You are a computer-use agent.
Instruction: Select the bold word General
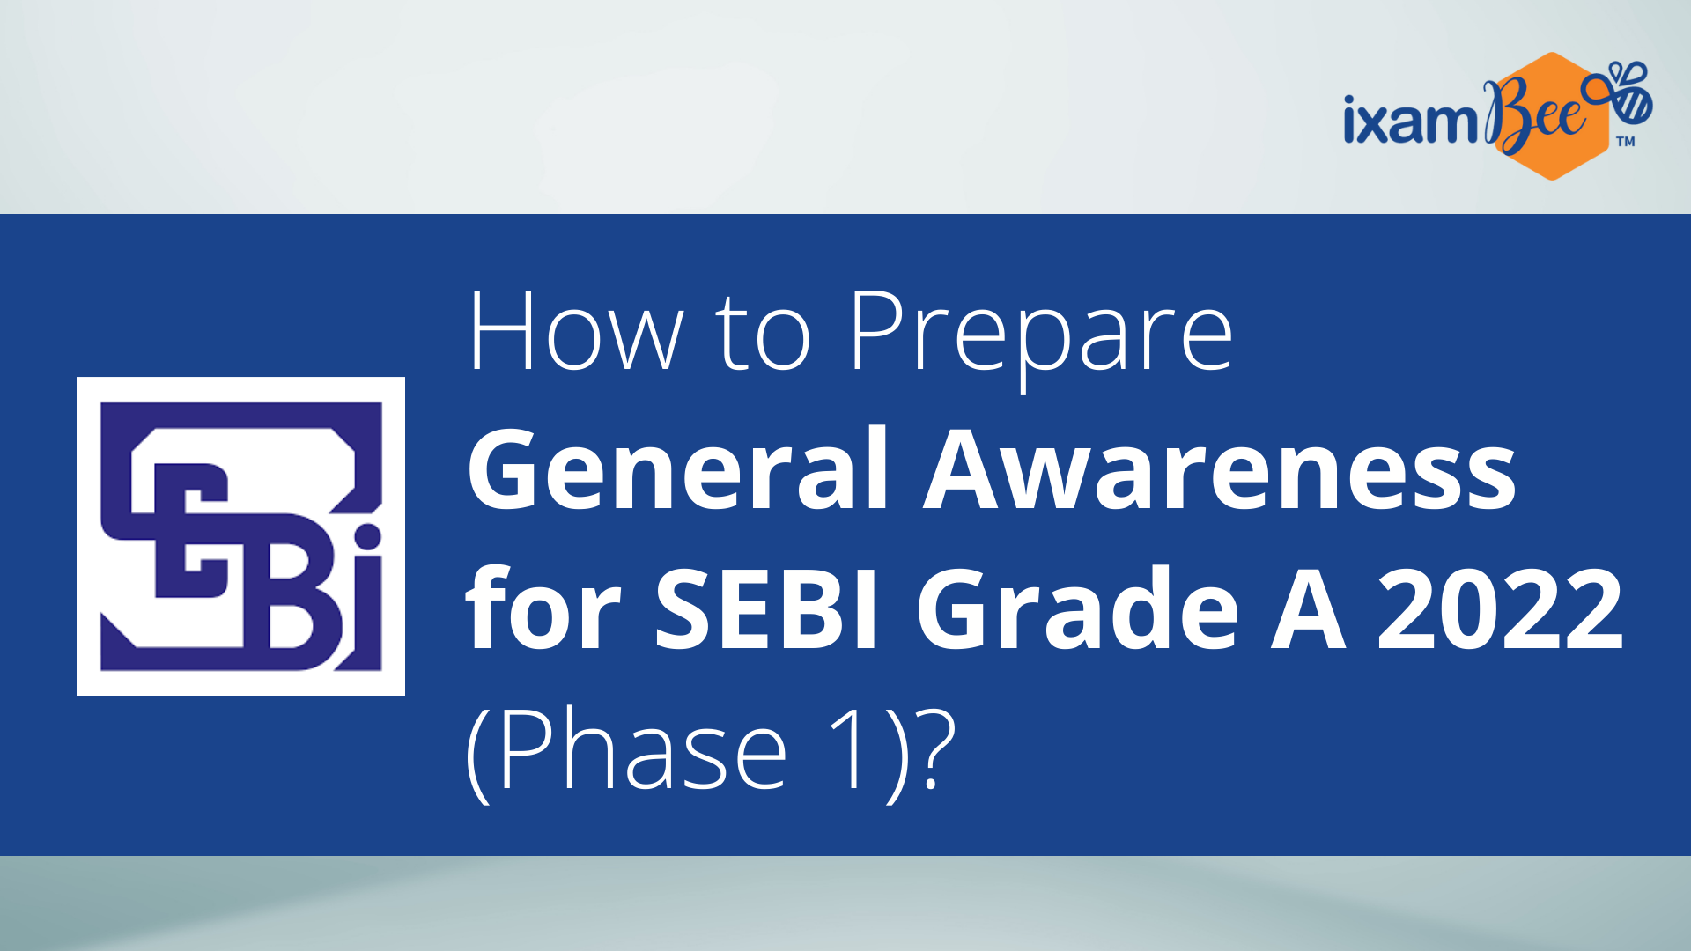click(x=678, y=468)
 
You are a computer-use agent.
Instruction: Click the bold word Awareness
click(x=1220, y=469)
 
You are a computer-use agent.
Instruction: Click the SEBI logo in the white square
click(x=240, y=536)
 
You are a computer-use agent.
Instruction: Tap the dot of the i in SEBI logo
click(x=367, y=535)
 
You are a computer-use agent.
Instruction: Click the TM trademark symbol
click(x=1626, y=141)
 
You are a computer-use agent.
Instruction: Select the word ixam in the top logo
click(x=1410, y=121)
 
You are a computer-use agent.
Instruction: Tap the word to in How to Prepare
click(x=763, y=335)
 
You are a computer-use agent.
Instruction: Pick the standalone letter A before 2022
click(x=1308, y=608)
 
